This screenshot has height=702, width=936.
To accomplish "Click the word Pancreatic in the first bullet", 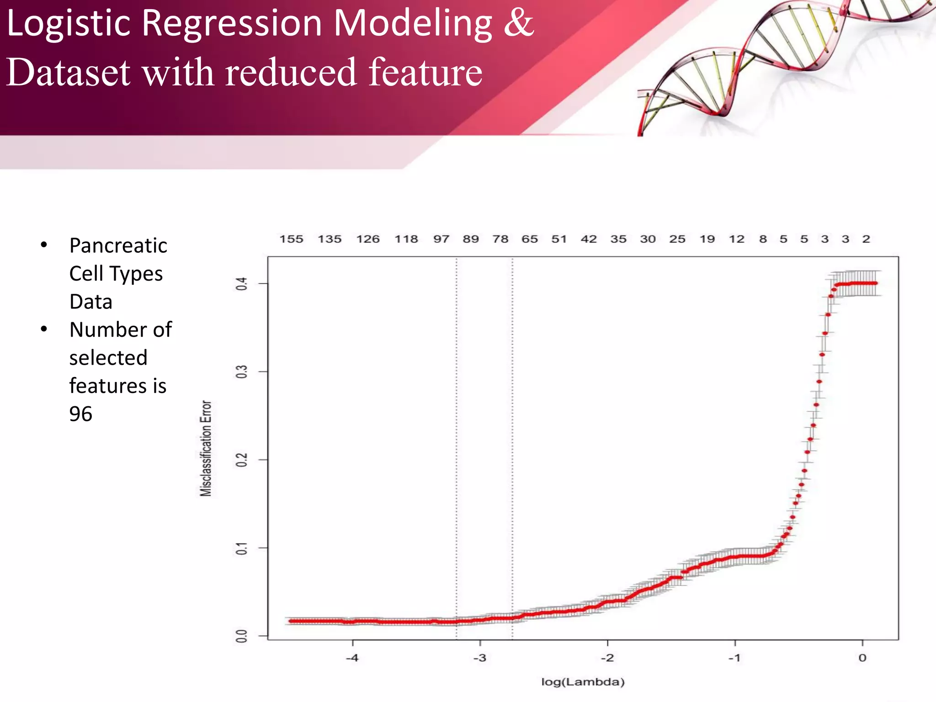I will pos(118,246).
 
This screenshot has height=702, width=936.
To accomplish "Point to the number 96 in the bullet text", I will pos(81,414).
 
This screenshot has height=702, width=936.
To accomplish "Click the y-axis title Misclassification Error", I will pos(206,448).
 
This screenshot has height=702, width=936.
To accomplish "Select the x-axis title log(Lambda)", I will pos(583,682).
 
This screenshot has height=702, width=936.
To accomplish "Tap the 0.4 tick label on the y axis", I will pos(241,284).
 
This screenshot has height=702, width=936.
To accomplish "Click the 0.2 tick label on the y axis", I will pos(241,460).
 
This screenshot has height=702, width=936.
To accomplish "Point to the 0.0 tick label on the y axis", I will pos(241,636).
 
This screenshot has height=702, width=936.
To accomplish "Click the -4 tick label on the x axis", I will pos(352,658).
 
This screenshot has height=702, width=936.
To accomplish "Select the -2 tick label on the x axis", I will pos(607,658).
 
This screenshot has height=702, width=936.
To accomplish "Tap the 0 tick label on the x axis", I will pos(862,658).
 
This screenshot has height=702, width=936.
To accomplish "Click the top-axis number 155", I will pos(291,239).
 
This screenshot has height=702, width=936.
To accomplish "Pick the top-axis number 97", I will pos(441,239).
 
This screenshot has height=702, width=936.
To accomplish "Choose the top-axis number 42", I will pos(589,239).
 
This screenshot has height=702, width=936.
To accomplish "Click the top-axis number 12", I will pos(736,239).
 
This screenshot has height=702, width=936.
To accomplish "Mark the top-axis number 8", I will pos(763,239).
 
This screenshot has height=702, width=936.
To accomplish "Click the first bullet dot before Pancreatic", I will pos(44,245).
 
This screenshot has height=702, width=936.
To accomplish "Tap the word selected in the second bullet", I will pos(108,358).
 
